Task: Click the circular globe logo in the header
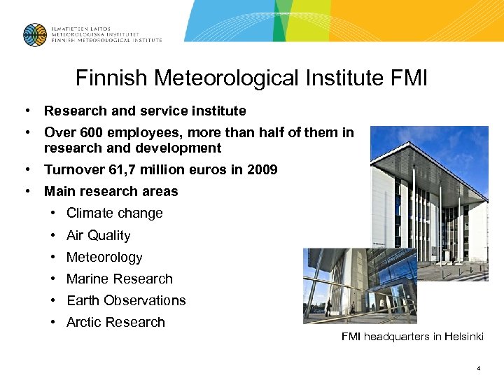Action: pos(34,34)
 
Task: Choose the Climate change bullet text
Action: pos(115,213)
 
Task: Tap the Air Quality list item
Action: pos(99,236)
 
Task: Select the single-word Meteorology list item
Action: pos(104,258)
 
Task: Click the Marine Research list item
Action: pos(120,279)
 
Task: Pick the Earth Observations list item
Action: pos(126,301)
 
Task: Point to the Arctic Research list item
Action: pos(115,323)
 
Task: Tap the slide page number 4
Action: pos(478,367)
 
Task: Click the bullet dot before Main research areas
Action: pos(26,191)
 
